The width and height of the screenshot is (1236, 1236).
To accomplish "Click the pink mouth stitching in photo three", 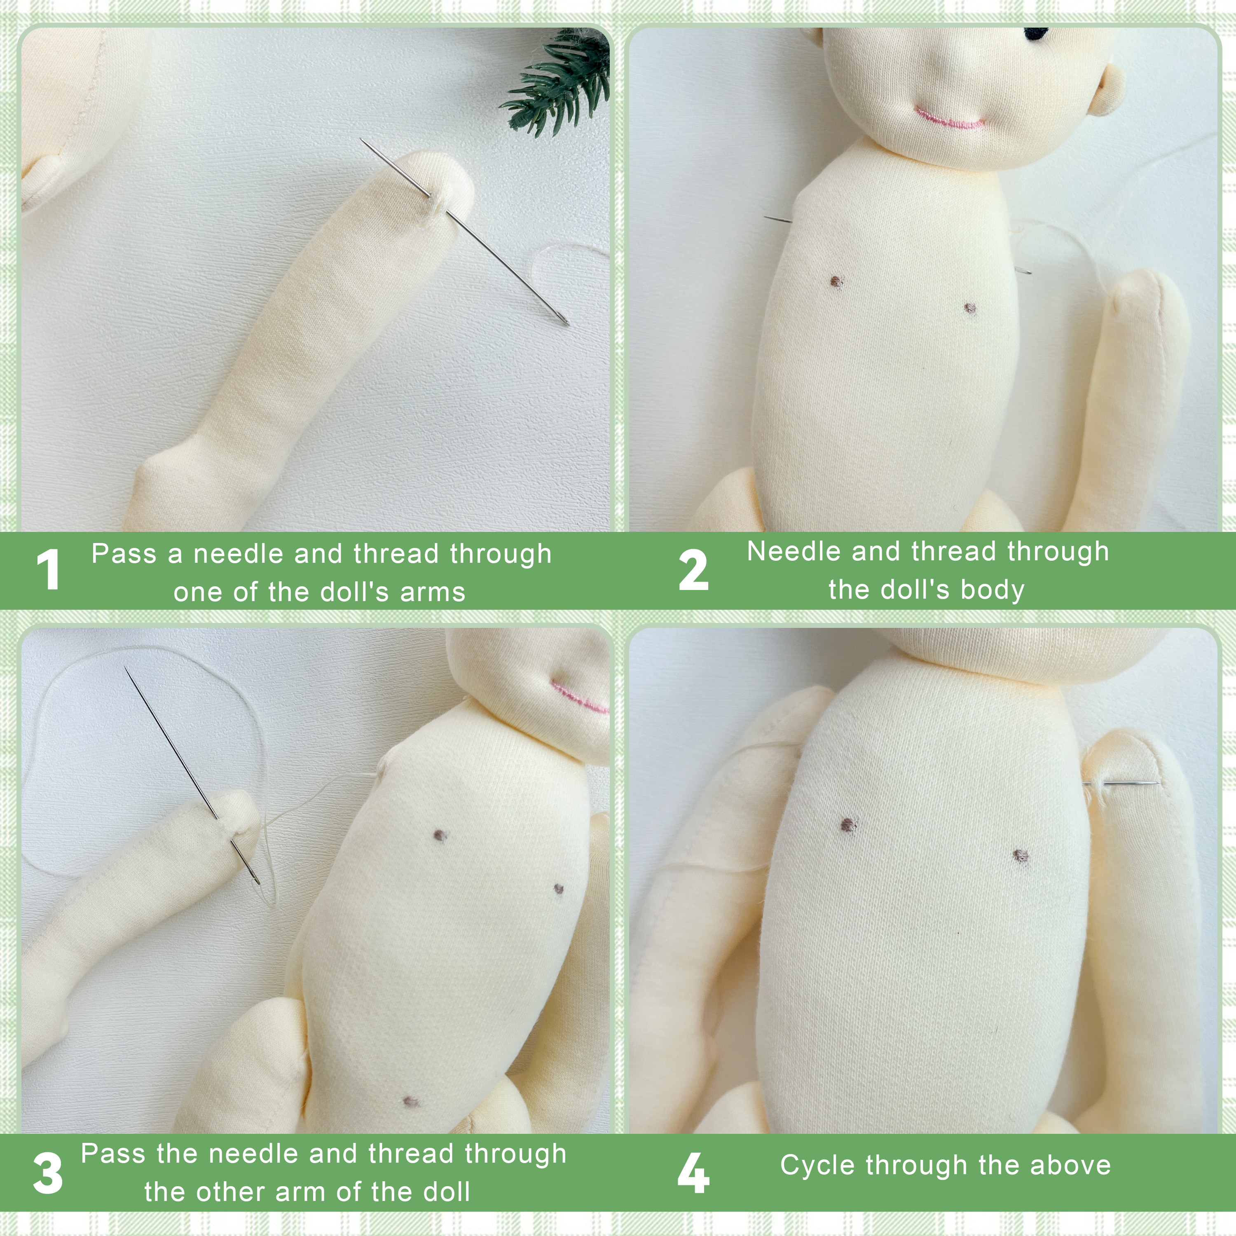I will (579, 699).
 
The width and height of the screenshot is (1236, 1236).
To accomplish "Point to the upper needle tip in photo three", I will (126, 670).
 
